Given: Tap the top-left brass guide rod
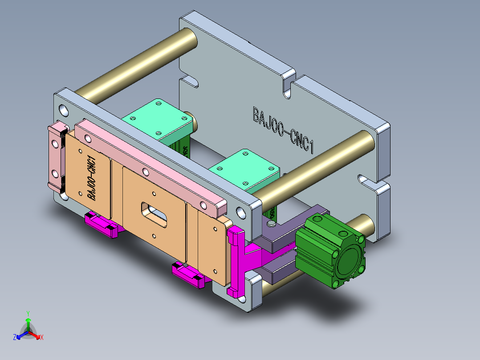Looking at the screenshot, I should tap(138, 62).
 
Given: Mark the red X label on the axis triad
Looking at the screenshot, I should tap(42, 338).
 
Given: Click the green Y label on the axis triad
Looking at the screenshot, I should tap(28, 313).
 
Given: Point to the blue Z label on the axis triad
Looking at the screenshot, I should tap(15, 338).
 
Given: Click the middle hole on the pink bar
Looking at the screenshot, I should tap(145, 171).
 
